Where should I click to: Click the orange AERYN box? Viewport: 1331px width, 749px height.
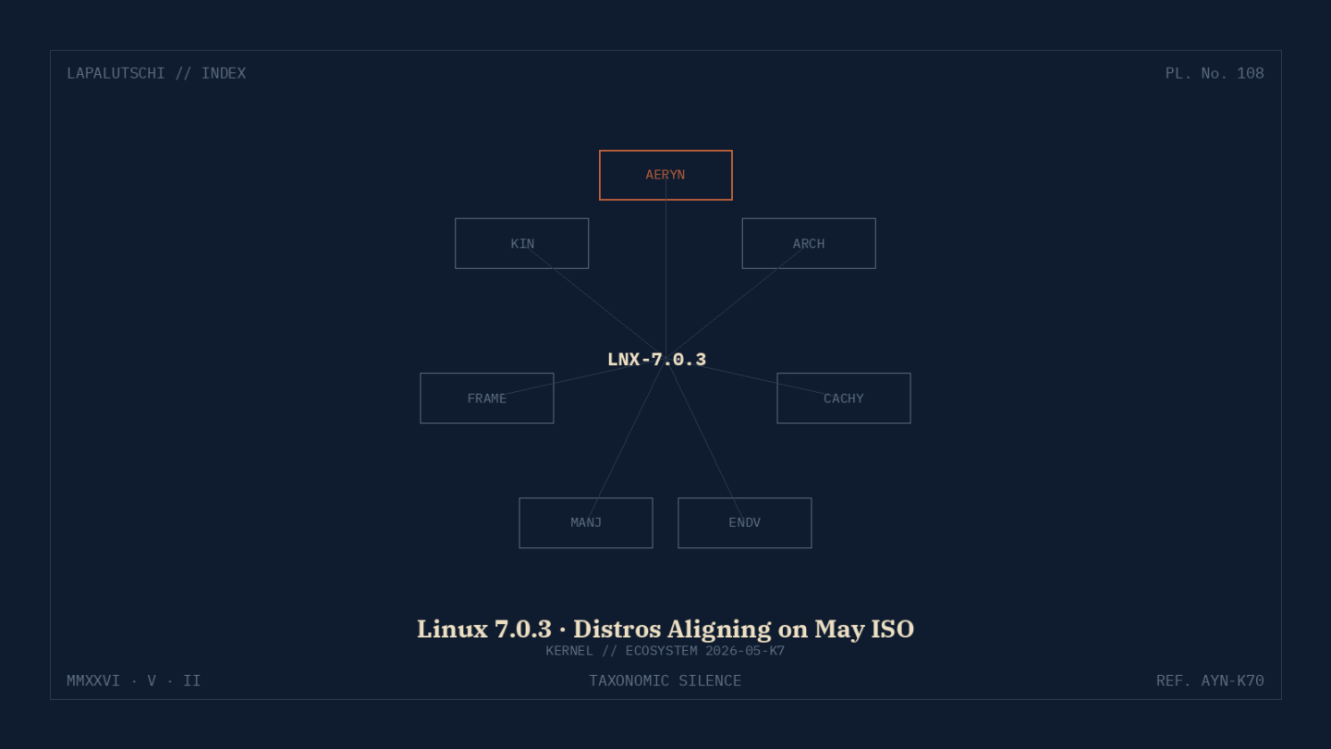point(665,176)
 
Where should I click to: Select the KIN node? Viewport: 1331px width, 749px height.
point(521,244)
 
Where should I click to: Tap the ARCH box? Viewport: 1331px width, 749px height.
point(809,244)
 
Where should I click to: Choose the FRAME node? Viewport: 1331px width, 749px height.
point(486,399)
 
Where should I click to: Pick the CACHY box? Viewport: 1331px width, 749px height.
point(844,399)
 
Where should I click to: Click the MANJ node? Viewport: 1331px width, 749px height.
point(586,523)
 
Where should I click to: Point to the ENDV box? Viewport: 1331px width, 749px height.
point(745,523)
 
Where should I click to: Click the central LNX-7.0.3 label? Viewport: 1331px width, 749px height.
point(656,360)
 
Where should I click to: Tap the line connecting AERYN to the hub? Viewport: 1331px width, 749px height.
point(665,267)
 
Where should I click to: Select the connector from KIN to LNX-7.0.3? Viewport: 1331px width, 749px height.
point(593,301)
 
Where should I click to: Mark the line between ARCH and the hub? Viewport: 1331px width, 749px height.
point(737,301)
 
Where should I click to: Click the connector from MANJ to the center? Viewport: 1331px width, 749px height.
point(626,441)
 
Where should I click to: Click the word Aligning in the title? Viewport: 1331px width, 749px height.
point(737,630)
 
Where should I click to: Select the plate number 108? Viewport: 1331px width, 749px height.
point(1251,74)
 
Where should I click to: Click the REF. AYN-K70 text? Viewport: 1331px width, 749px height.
point(1210,681)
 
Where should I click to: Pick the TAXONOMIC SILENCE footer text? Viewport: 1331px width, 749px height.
point(665,681)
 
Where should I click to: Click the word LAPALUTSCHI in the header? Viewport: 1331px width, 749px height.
point(116,74)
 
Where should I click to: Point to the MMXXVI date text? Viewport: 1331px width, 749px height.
point(93,681)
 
